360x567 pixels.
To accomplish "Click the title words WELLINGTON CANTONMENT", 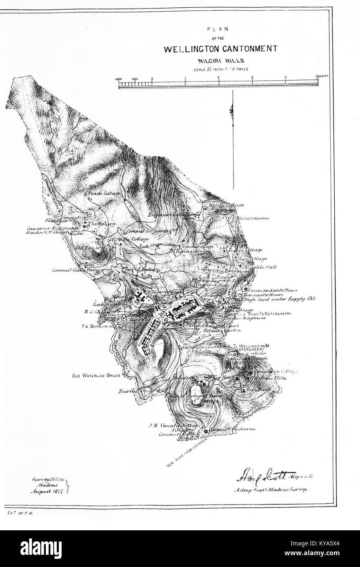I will pyautogui.click(x=220, y=49).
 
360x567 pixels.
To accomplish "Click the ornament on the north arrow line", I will pyautogui.click(x=232, y=111).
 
